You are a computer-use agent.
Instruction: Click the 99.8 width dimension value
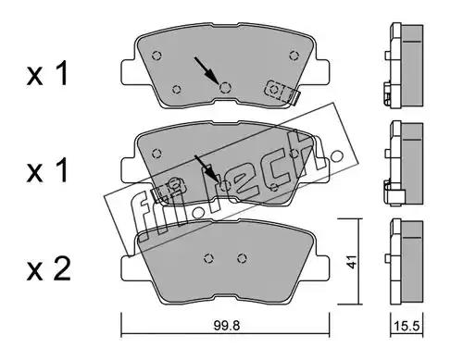point(227,326)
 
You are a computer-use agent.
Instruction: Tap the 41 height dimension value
point(352,262)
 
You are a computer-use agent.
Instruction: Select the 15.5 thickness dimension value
point(407,326)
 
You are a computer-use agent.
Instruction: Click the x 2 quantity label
point(49,269)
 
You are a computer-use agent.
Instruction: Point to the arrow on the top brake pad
point(206,71)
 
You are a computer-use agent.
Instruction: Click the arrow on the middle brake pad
point(206,169)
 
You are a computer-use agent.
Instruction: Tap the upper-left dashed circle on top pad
point(156,56)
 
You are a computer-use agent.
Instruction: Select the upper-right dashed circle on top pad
point(294,56)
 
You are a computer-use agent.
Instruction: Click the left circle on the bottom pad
point(209,258)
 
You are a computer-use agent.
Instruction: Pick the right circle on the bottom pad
point(243,258)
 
